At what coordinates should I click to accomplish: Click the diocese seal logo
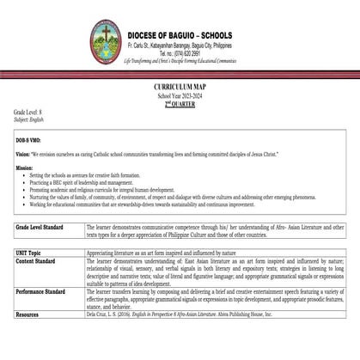coord(103,30)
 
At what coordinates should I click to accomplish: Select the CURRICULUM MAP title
coord(180,88)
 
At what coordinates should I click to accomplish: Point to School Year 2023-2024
coord(180,96)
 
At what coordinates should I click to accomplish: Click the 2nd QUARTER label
coord(180,103)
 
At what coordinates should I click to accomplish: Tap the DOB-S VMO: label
coord(31,137)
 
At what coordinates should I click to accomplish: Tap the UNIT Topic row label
coord(34,255)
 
